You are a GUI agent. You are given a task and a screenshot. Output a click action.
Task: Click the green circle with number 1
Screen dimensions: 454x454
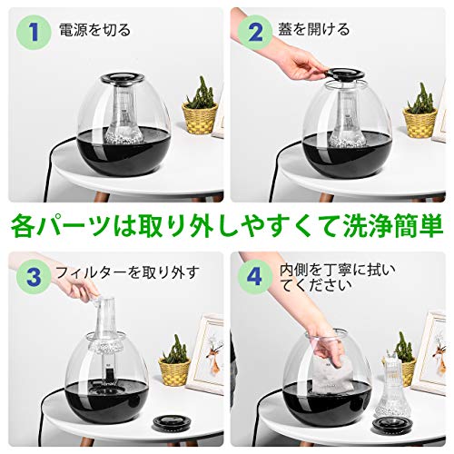34,32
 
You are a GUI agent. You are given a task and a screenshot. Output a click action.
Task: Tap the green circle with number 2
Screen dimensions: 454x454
255,32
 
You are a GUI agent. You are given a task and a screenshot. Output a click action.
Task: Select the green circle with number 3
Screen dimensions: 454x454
34,277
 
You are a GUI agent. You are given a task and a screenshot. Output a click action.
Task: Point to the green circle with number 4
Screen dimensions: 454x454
255,277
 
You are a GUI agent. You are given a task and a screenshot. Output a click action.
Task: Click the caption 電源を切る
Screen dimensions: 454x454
94,30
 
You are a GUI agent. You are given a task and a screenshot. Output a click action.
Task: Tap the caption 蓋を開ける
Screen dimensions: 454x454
314,29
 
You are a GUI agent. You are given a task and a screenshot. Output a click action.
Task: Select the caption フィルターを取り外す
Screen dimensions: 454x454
127,272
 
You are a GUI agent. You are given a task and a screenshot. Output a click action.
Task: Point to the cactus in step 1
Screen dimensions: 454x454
201,93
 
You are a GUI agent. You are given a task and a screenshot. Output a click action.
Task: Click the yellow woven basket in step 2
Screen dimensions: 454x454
419,122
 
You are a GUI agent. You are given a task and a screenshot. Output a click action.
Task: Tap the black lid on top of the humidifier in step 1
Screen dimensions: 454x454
123,78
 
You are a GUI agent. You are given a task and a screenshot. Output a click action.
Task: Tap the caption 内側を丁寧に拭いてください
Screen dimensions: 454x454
338,278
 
